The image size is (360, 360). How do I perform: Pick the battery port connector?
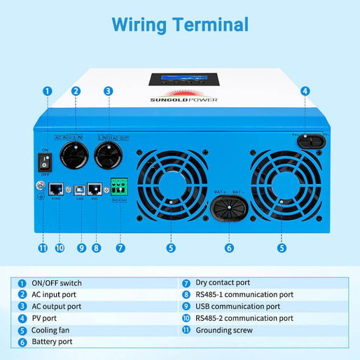pos(229,210)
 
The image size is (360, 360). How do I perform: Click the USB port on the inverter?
pos(82,190)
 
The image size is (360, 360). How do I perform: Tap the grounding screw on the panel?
pos(41,187)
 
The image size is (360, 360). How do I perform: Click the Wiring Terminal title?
pos(180,25)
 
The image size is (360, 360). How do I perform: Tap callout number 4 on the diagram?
pos(305,90)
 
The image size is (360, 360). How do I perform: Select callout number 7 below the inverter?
pos(120,247)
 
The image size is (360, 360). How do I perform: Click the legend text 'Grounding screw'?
pos(224,330)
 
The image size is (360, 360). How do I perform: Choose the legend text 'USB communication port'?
pos(238,307)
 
